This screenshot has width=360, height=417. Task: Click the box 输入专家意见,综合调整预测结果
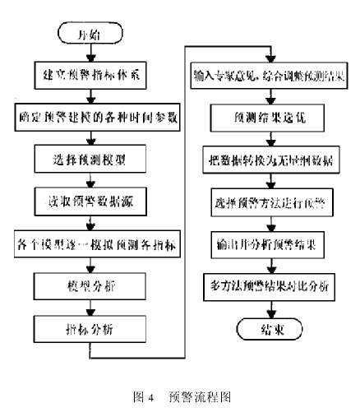[x=268, y=73]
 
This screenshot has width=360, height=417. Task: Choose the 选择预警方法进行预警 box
[x=268, y=201]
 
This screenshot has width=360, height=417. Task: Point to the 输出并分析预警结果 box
[x=268, y=243]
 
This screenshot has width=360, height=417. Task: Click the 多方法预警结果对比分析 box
[x=268, y=285]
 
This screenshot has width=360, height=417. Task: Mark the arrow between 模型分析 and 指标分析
[x=90, y=307]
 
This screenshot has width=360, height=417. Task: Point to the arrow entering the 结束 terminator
[x=268, y=308]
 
